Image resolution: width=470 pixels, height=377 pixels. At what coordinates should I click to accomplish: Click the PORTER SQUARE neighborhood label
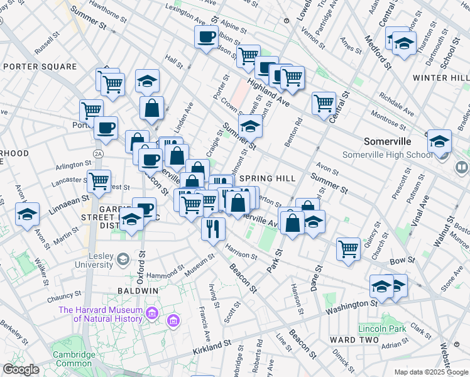coord(40,67)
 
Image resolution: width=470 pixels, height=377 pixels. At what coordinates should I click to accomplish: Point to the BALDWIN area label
coord(138,291)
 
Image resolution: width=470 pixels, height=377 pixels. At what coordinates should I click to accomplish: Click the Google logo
coord(21,369)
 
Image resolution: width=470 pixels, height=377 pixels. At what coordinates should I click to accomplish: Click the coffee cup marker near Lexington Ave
coord(205,38)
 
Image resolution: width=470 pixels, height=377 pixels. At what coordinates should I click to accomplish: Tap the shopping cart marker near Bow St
coord(347,248)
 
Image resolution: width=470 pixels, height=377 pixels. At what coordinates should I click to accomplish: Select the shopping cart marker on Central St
coord(324,102)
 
